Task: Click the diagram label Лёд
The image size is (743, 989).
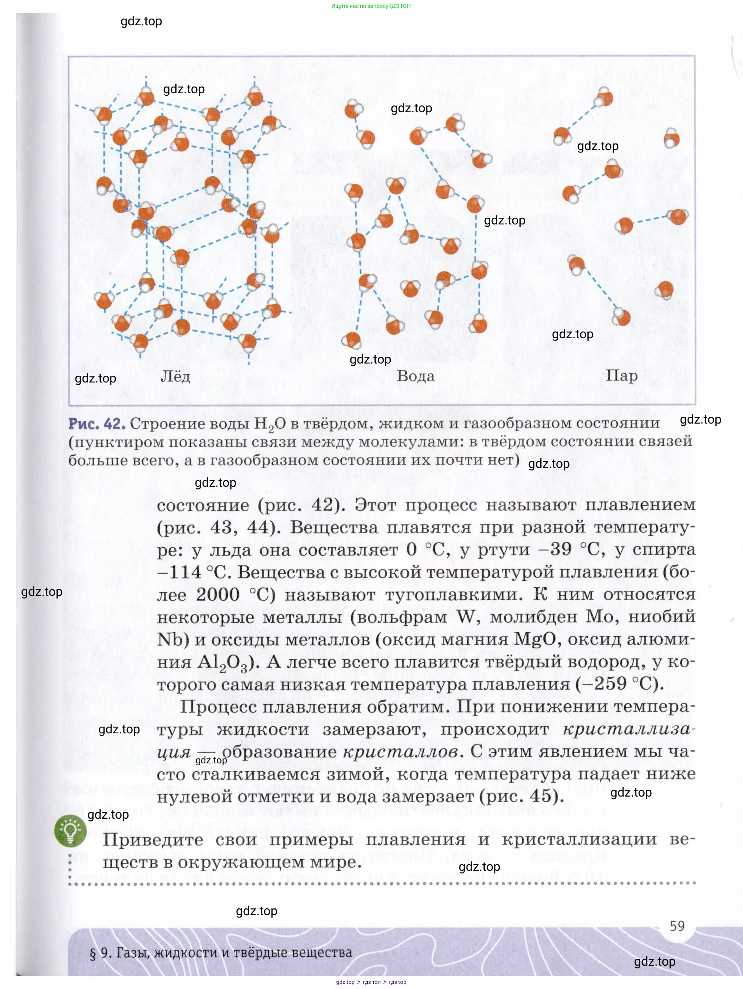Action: [175, 377]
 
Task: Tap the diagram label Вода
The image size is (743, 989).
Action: [415, 376]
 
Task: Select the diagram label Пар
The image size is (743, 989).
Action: [621, 376]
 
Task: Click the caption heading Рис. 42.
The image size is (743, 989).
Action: [96, 424]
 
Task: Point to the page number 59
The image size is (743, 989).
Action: [677, 925]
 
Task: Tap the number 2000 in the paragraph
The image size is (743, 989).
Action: [218, 595]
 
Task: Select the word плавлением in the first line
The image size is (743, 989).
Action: [640, 505]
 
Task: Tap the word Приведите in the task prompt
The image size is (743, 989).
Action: [153, 840]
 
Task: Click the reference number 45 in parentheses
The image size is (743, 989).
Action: [540, 796]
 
